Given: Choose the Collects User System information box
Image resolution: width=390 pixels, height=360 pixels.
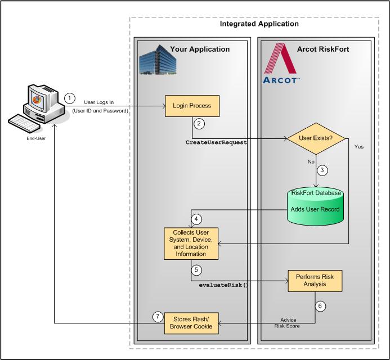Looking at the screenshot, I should tap(191, 244).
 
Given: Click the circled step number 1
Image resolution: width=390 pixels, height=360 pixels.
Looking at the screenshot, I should tap(69, 98).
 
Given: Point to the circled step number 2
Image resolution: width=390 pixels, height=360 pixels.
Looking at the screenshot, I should tap(198, 123).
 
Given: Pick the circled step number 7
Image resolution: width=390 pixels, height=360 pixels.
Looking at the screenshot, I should tap(158, 317).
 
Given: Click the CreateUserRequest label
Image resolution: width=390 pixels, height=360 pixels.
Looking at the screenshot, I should tap(217, 143).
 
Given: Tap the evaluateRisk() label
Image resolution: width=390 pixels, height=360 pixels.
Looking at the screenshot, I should tap(223, 285).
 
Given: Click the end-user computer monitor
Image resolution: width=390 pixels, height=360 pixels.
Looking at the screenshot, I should tap(36, 102).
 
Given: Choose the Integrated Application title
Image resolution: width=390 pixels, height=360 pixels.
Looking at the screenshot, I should tap(259, 24).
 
